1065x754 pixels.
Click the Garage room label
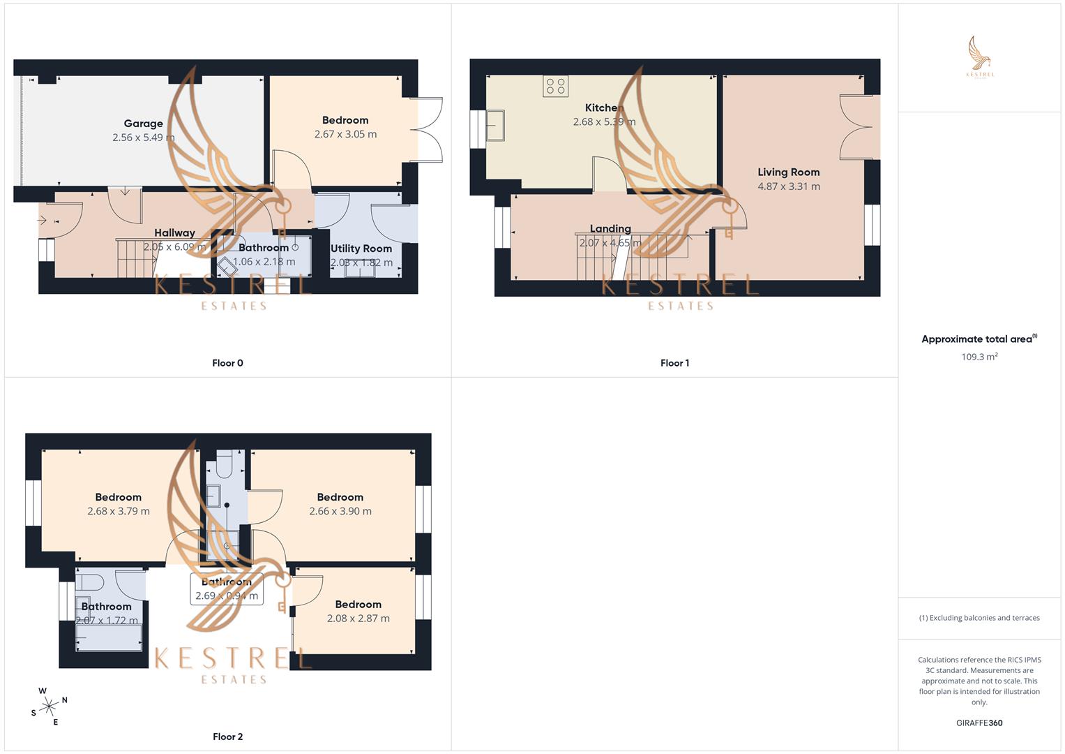coord(143,124)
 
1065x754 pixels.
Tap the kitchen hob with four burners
coord(556,86)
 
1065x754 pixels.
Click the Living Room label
coord(788,172)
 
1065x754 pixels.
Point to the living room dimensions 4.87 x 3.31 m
coord(788,186)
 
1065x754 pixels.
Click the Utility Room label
coord(361,249)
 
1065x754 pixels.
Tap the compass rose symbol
coord(49,707)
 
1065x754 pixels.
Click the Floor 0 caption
coord(227,363)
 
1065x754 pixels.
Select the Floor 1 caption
coord(674,363)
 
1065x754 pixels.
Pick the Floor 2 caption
coord(227,737)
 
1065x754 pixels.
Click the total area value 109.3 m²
coord(979,357)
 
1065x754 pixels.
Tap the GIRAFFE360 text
coord(979,723)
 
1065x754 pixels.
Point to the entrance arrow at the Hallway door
coord(42,221)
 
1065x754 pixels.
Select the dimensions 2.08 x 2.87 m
coord(358,619)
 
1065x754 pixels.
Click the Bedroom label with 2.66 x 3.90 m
coord(340,497)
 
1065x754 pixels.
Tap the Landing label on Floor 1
coord(610,229)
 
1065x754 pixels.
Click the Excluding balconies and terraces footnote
coord(979,618)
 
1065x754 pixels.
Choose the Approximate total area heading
coord(978,339)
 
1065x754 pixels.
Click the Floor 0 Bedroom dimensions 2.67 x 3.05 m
coord(345,134)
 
